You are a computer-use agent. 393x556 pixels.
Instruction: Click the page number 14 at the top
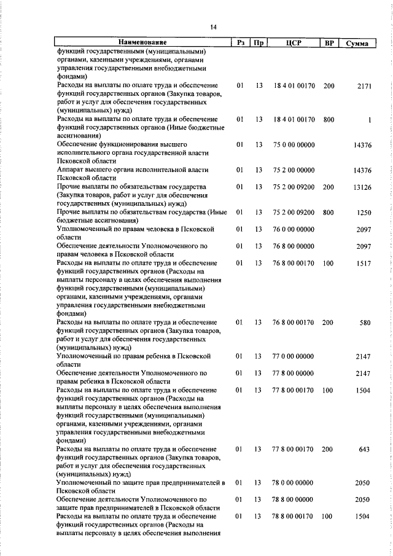(212, 27)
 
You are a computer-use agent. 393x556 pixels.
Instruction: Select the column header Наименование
(142, 43)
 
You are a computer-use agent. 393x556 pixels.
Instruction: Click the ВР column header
(329, 43)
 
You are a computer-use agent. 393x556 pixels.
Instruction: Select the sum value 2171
(364, 87)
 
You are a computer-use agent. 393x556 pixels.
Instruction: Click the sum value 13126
(362, 187)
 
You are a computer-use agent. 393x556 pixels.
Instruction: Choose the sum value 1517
(363, 263)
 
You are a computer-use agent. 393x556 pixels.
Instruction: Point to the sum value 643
(364, 450)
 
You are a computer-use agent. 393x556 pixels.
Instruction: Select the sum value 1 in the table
(370, 120)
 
